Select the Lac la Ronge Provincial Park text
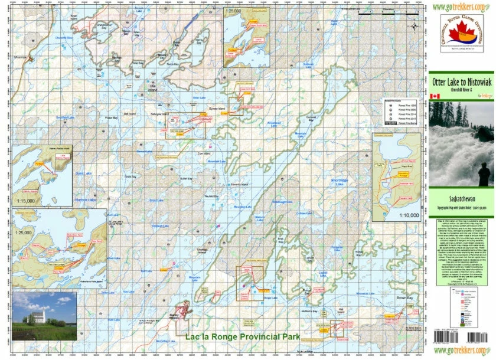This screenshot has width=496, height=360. (x=242, y=337)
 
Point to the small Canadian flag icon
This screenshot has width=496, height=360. (x=435, y=96)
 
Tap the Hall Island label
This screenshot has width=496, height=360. (x=341, y=309)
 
